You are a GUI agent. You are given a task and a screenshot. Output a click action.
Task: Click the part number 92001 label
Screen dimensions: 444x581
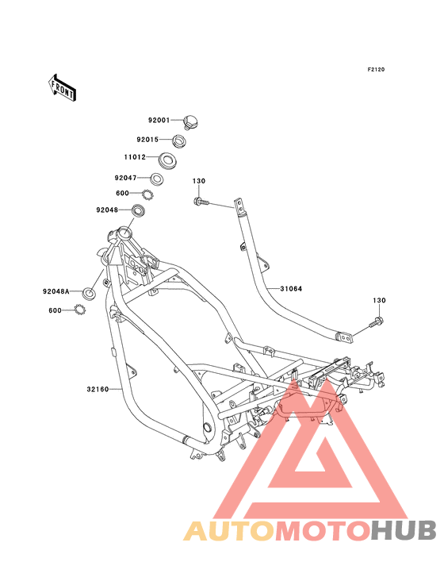coord(159,120)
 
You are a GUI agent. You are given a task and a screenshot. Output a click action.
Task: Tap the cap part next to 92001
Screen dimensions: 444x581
coord(191,122)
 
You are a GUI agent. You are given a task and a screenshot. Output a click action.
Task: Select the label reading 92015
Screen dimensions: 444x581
coord(147,140)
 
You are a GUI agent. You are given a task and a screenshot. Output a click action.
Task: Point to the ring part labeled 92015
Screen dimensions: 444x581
coord(178,140)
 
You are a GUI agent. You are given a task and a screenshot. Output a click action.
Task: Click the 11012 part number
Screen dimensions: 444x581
coord(135,157)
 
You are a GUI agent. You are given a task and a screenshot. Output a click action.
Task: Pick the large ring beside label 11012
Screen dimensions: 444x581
coord(167,160)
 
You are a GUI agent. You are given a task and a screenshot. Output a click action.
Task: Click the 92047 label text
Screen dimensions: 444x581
coord(125,178)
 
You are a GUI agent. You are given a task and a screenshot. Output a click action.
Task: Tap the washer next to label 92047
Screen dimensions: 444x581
coord(156,179)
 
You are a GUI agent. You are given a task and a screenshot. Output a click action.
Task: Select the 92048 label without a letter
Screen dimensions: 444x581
coord(107,210)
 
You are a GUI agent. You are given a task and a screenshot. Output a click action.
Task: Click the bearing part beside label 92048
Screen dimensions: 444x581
coord(139,210)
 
